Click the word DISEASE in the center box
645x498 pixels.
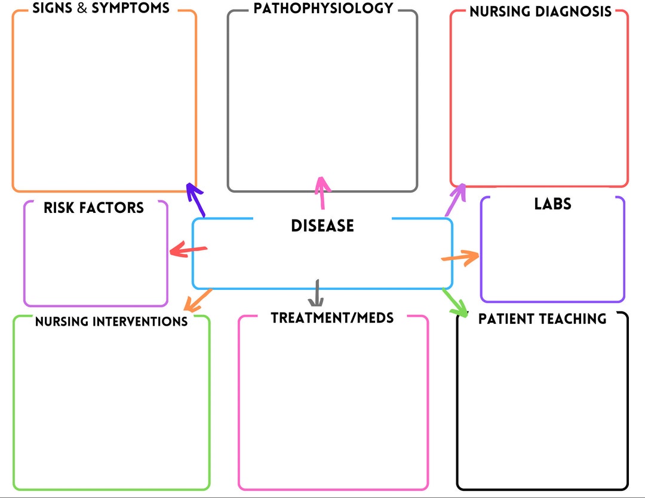(x=322, y=225)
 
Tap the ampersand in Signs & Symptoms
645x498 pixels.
(x=82, y=9)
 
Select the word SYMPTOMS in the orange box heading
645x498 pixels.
(x=130, y=9)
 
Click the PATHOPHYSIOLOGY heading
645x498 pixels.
(x=323, y=8)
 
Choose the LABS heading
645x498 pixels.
(x=552, y=204)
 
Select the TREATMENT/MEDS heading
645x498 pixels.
(x=332, y=318)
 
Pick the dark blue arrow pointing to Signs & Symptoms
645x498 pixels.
(x=195, y=199)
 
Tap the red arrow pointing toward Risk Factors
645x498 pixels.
(x=188, y=250)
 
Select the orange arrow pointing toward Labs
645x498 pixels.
(x=460, y=258)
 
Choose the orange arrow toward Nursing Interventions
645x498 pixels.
(x=197, y=301)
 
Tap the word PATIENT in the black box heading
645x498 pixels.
(x=504, y=318)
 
